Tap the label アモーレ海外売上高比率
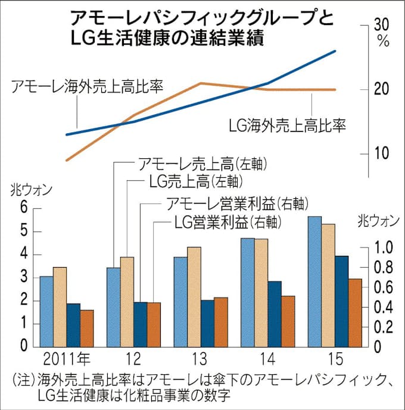click(88, 87)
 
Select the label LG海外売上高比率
click(288, 126)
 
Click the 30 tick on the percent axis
click(381, 25)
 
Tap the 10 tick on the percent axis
click(381, 152)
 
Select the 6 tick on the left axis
click(24, 208)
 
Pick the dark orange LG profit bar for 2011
click(87, 328)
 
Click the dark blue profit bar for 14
click(275, 314)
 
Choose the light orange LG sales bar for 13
click(194, 296)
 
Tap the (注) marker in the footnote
click(23, 380)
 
